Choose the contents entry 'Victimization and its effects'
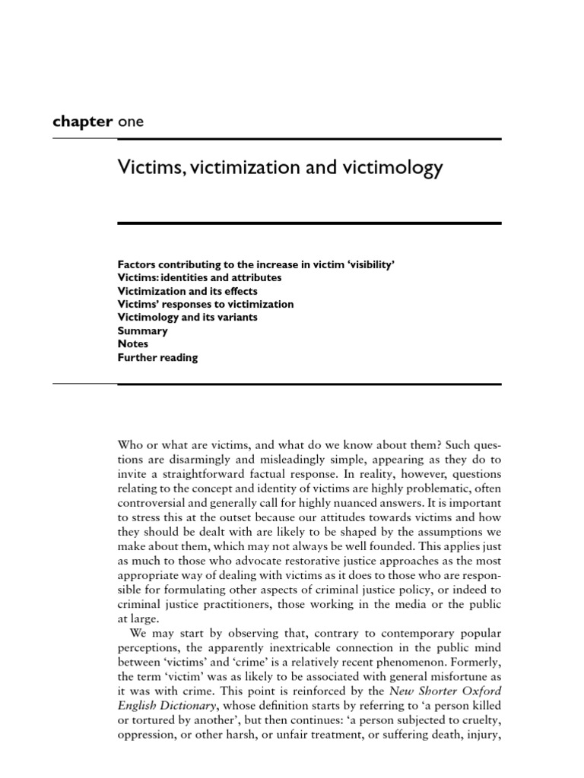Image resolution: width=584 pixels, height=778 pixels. tap(187, 291)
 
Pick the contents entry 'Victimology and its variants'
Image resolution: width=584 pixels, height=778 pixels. tap(188, 318)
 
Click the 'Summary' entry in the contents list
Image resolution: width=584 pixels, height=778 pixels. tap(143, 331)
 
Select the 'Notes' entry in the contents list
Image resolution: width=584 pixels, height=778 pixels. tap(133, 344)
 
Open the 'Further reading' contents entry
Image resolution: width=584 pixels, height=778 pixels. tap(157, 358)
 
